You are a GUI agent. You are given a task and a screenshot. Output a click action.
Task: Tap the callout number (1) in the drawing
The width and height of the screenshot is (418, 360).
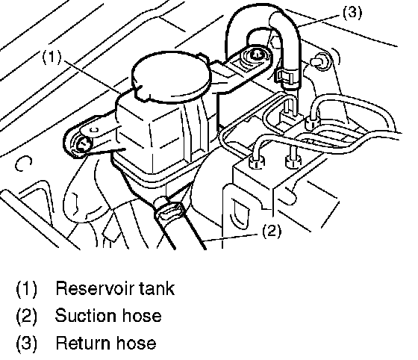pyautogui.click(x=52, y=57)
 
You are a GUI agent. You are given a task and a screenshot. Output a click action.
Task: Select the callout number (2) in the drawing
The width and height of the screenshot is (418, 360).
pyautogui.click(x=272, y=231)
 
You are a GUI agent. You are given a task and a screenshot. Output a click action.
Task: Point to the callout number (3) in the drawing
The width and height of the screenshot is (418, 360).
pyautogui.click(x=352, y=13)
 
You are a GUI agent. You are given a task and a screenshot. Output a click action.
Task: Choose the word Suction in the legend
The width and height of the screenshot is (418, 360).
pyautogui.click(x=85, y=315)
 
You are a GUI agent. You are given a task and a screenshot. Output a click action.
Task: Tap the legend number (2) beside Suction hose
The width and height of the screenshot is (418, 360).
pyautogui.click(x=27, y=316)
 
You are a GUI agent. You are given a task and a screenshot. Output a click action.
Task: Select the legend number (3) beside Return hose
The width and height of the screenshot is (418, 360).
pyautogui.click(x=27, y=344)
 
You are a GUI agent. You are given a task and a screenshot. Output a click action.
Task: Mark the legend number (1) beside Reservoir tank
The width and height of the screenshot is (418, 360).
pyautogui.click(x=27, y=288)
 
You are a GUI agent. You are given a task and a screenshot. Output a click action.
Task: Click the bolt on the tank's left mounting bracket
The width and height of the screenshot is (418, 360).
pyautogui.click(x=84, y=145)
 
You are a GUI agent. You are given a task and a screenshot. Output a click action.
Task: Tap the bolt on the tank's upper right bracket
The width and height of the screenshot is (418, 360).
pyautogui.click(x=257, y=55)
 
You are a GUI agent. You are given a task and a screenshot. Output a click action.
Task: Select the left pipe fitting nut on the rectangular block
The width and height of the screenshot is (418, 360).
pyautogui.click(x=256, y=162)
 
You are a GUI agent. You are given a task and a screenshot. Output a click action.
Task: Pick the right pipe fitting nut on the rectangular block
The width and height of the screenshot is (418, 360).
pyautogui.click(x=293, y=161)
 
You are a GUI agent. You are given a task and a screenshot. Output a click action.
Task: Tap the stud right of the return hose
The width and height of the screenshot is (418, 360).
pyautogui.click(x=320, y=60)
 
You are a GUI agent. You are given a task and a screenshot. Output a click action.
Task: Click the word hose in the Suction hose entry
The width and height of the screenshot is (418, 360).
pyautogui.click(x=141, y=315)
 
